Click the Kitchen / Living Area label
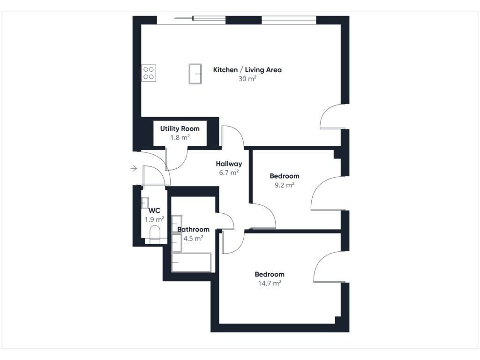pyautogui.click(x=247, y=70)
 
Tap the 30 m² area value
pyautogui.click(x=247, y=79)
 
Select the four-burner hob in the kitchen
pyautogui.click(x=149, y=73)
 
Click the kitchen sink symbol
pyautogui.click(x=195, y=74)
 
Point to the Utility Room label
pyautogui.click(x=180, y=128)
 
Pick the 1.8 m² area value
pyautogui.click(x=180, y=137)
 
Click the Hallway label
pyautogui.click(x=229, y=164)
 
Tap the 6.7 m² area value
pyautogui.click(x=229, y=172)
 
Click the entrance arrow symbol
pyautogui.click(x=134, y=168)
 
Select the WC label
pyautogui.click(x=154, y=210)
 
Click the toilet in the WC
pyautogui.click(x=155, y=235)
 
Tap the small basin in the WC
pyautogui.click(x=145, y=203)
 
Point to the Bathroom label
pyautogui.click(x=193, y=229)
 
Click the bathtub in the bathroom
pyautogui.click(x=191, y=262)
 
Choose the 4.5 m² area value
pyautogui.click(x=193, y=239)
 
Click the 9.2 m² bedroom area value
pyautogui.click(x=285, y=185)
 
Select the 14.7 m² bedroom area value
pyautogui.click(x=270, y=283)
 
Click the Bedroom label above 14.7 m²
pyautogui.click(x=270, y=274)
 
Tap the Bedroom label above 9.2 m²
pyautogui.click(x=285, y=176)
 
